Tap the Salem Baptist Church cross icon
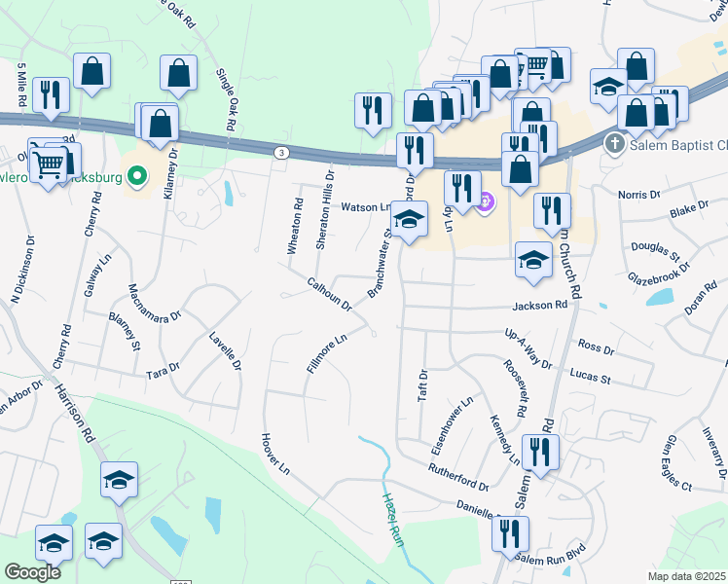point(614,145)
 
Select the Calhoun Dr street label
point(329,293)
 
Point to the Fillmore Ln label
point(327,351)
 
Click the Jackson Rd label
point(540,306)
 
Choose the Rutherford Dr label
point(457,477)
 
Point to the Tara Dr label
point(163,369)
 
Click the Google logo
point(33,572)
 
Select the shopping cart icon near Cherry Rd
point(48,162)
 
